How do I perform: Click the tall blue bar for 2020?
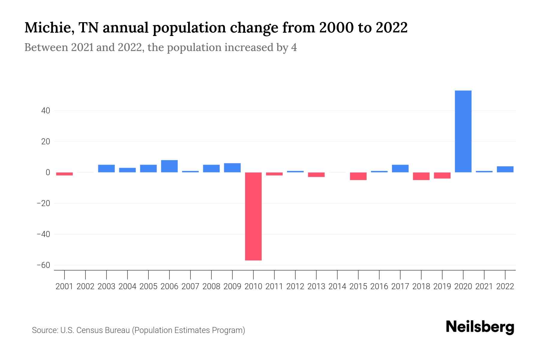(463, 131)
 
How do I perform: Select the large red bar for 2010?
(253, 216)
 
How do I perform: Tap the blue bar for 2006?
(169, 166)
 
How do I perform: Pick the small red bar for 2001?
(64, 174)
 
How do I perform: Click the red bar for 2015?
(358, 176)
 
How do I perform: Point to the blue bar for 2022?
(505, 169)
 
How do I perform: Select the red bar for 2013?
(316, 175)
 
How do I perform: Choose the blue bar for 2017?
(400, 169)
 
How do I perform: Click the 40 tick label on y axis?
(46, 111)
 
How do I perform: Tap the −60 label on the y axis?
(43, 265)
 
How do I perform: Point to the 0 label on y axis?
(48, 172)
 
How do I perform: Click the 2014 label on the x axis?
(337, 286)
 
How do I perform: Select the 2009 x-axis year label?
(232, 286)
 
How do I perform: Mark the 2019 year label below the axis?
(442, 286)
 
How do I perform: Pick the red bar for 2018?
(421, 176)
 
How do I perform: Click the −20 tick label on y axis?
(43, 203)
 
